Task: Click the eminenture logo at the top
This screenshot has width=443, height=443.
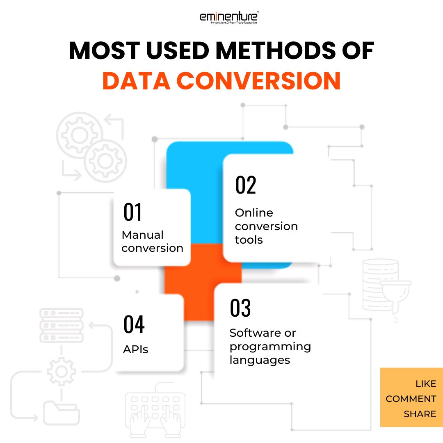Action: (229, 18)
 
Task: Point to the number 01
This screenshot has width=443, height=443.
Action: (132, 212)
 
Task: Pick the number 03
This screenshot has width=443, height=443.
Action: (240, 308)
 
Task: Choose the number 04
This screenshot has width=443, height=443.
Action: (134, 324)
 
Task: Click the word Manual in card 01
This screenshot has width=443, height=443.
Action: (143, 235)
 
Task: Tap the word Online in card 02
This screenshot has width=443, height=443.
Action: (254, 213)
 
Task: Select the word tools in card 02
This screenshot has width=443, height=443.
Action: (249, 240)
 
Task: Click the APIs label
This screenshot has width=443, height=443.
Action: (136, 349)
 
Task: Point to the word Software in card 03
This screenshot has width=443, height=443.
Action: (251, 333)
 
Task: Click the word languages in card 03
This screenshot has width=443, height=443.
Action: (260, 360)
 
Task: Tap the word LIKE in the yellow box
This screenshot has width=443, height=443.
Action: (426, 384)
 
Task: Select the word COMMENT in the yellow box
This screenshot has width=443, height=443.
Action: (411, 399)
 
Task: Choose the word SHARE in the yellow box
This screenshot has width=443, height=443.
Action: (420, 414)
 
